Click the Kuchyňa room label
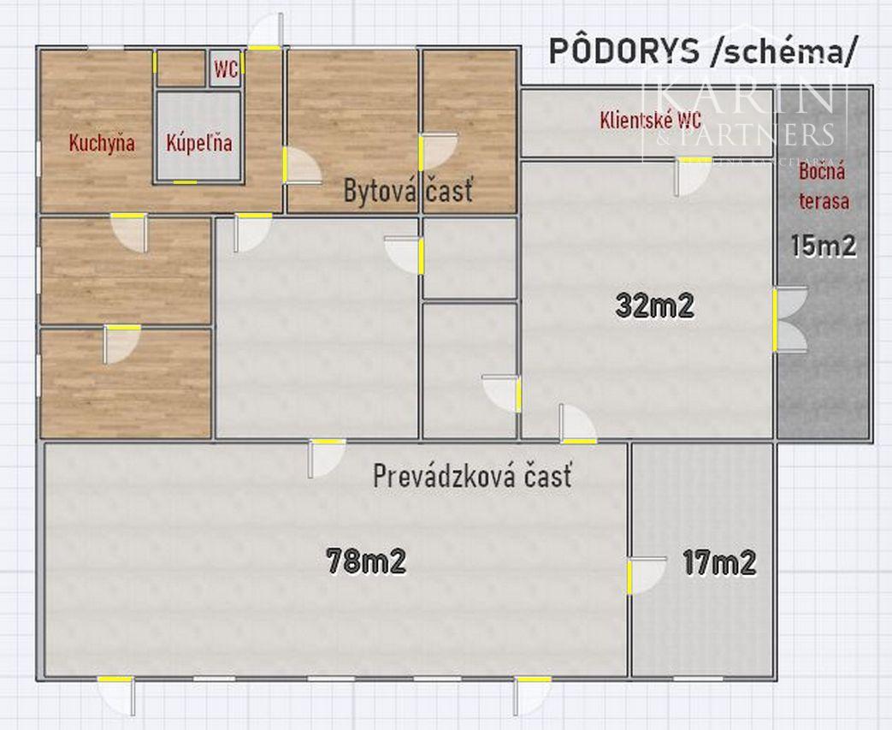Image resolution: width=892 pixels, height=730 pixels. [102, 143]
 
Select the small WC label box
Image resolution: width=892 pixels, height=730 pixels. [226, 70]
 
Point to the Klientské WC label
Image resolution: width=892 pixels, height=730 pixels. [651, 120]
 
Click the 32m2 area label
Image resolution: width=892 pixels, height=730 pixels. [654, 306]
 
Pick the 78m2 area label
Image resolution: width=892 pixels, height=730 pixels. [365, 561]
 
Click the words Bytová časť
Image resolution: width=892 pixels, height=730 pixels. [407, 191]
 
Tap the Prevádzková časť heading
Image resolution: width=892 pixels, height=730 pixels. [472, 476]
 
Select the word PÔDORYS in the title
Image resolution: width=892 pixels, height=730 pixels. [623, 51]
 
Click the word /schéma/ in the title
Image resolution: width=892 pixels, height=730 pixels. [783, 51]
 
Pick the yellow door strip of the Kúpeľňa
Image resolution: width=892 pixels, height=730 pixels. [185, 181]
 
